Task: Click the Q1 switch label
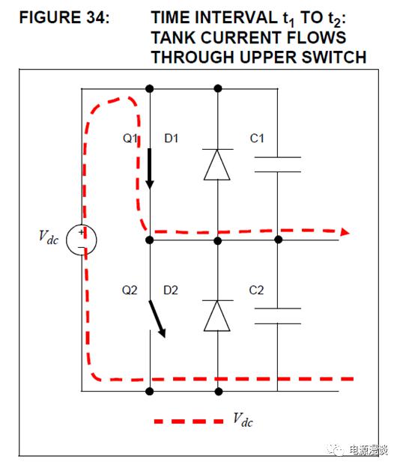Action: [130, 139]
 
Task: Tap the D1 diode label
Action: [171, 139]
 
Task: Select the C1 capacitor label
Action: [257, 139]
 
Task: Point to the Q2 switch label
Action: [130, 290]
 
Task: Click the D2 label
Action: [171, 290]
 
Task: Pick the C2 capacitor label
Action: [256, 290]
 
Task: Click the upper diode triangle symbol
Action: [217, 165]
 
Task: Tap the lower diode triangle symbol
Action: [217, 316]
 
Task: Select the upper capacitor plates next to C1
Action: [278, 165]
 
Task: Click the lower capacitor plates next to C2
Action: [278, 316]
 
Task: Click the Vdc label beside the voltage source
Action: [49, 237]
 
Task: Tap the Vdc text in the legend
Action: [243, 419]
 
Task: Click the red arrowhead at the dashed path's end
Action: [345, 232]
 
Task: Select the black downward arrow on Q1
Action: [150, 168]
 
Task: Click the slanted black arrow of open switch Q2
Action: [157, 319]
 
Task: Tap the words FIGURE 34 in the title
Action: [64, 17]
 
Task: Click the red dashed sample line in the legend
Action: [189, 422]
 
